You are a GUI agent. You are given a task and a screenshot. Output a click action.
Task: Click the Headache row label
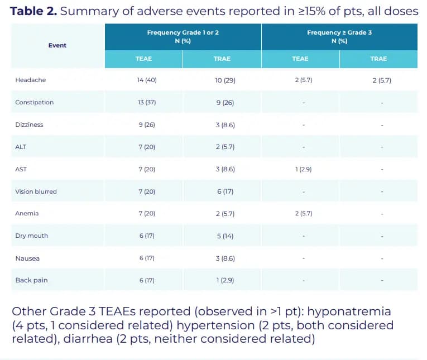tap(31, 80)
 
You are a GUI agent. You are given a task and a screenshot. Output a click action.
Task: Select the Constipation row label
tap(35, 103)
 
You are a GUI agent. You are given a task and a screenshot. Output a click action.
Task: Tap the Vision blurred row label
tap(36, 191)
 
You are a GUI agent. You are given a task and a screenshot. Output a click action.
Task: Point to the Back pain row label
tap(31, 280)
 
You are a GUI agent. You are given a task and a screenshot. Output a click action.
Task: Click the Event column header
tap(57, 45)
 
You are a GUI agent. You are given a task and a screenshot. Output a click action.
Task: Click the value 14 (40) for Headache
tap(147, 80)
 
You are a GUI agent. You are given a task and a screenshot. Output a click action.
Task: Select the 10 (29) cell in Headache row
tap(225, 80)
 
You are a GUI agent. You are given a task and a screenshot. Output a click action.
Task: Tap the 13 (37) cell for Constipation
tap(146, 103)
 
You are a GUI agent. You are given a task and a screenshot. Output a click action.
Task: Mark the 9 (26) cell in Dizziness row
tap(146, 125)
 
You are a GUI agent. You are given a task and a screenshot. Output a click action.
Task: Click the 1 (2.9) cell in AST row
tap(303, 169)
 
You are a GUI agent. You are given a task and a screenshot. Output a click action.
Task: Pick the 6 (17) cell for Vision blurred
tap(224, 191)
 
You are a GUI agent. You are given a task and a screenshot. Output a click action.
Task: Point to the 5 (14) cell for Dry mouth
tap(224, 236)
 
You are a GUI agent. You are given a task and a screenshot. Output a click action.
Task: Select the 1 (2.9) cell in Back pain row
tap(225, 280)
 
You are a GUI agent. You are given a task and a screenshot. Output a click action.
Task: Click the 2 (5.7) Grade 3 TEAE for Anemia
tap(303, 214)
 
